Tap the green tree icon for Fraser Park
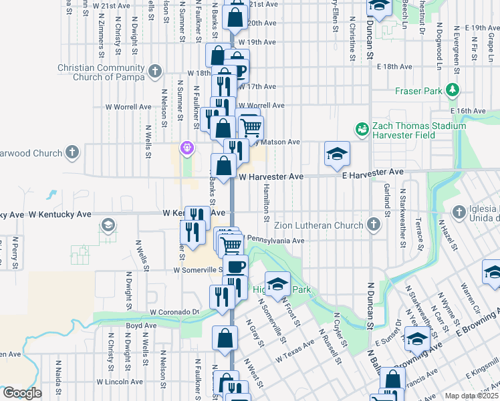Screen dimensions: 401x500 (x=453, y=90)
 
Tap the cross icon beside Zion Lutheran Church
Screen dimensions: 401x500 (x=374, y=226)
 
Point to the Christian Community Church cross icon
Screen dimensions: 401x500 (x=155, y=71)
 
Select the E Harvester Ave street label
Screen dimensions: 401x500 (x=372, y=173)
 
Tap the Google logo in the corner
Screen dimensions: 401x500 (x=22, y=392)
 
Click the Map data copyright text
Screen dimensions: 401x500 (x=471, y=396)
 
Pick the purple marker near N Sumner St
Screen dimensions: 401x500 (x=187, y=147)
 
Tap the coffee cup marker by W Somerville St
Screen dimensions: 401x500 (x=235, y=267)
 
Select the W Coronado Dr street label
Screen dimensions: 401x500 (x=174, y=312)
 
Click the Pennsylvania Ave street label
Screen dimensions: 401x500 (x=276, y=240)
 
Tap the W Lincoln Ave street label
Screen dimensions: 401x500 (x=120, y=382)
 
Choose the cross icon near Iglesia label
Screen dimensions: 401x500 (x=459, y=213)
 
